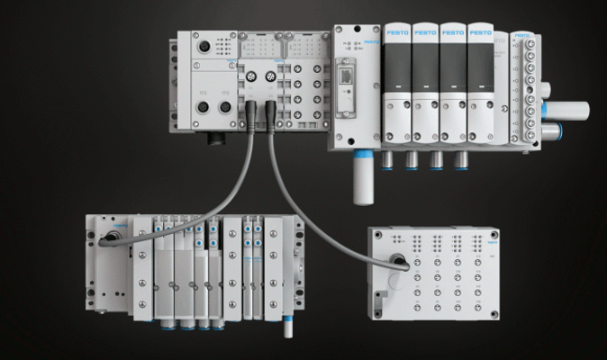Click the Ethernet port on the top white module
click(x=346, y=74)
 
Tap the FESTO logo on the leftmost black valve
click(x=397, y=33)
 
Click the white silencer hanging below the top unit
click(x=363, y=180)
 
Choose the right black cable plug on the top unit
click(x=267, y=116)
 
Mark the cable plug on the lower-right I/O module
click(x=396, y=264)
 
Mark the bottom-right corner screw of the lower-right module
click(x=501, y=314)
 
